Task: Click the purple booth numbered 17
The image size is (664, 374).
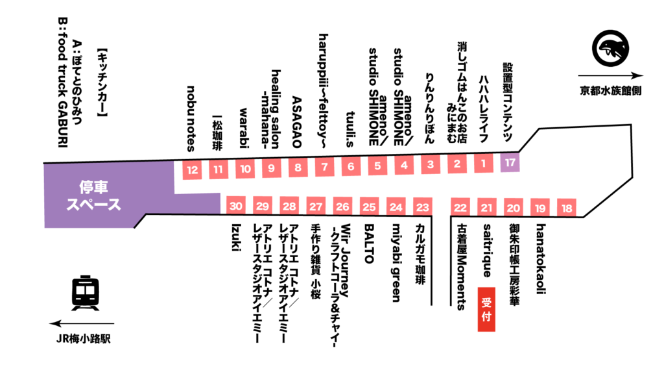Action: pyautogui.click(x=510, y=163)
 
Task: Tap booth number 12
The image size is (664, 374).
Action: pyautogui.click(x=192, y=171)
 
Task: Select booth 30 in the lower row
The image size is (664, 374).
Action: pyautogui.click(x=236, y=206)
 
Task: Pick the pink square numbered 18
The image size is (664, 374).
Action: pyautogui.click(x=567, y=208)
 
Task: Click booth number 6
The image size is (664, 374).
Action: pyautogui.click(x=351, y=167)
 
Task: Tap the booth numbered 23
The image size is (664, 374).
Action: pyautogui.click(x=423, y=208)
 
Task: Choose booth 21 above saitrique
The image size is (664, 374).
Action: pyautogui.click(x=486, y=208)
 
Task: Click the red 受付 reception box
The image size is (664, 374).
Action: pyautogui.click(x=486, y=310)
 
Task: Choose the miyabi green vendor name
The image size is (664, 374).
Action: pyautogui.click(x=396, y=263)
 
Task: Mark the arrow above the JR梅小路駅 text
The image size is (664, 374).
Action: pyautogui.click(x=81, y=323)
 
